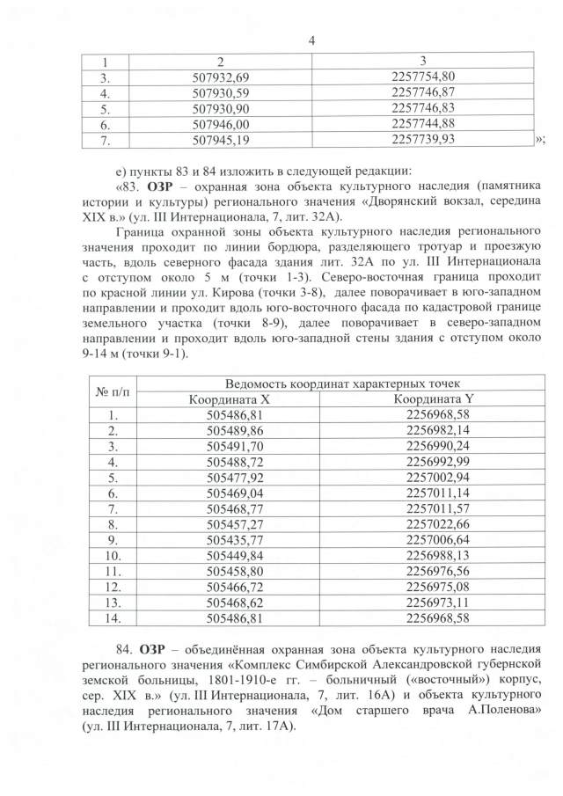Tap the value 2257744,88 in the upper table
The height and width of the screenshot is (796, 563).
click(421, 124)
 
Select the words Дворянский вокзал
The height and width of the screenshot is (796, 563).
click(413, 202)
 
